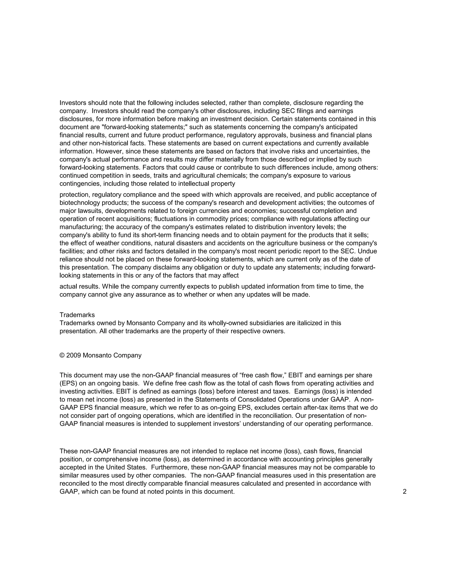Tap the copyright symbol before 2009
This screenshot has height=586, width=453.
coord(62,356)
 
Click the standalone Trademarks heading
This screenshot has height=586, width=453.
coord(77,315)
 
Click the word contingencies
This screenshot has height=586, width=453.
coord(80,184)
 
